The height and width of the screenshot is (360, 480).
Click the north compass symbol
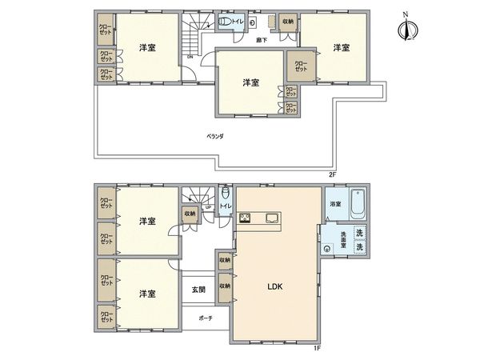click(409, 30)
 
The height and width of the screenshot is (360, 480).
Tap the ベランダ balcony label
click(215, 137)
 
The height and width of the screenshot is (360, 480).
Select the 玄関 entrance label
click(198, 290)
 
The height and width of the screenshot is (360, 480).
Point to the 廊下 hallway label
click(261, 38)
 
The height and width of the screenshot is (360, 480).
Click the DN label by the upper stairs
click(190, 57)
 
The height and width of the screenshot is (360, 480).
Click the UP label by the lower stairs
click(208, 207)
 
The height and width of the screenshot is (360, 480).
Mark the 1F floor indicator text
click(317, 348)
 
